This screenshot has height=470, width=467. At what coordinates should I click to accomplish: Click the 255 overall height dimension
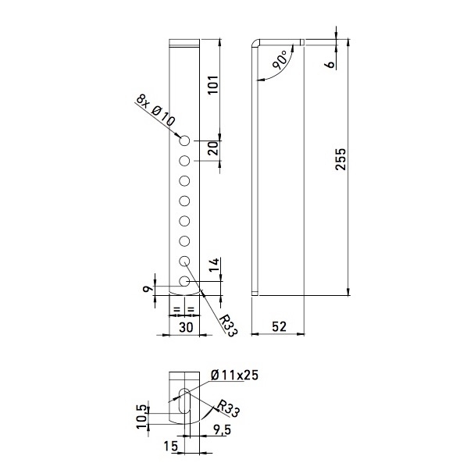pyautogui.click(x=340, y=159)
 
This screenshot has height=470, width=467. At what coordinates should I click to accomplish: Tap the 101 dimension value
pyautogui.click(x=213, y=85)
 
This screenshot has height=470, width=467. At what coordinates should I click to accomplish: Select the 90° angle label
pyautogui.click(x=280, y=60)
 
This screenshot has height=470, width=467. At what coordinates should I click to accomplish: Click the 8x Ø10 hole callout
pyautogui.click(x=155, y=110)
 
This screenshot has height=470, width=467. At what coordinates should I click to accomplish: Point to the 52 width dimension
pyautogui.click(x=279, y=326)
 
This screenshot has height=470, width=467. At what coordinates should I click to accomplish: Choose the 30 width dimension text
pyautogui.click(x=186, y=327)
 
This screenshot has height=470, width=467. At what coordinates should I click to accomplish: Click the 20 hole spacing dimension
pyautogui.click(x=213, y=148)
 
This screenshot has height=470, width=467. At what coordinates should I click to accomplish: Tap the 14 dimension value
pyautogui.click(x=214, y=265)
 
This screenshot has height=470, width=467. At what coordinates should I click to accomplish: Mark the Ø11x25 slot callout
pyautogui.click(x=234, y=376)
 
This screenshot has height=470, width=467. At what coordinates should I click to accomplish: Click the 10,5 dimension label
pyautogui.click(x=143, y=417)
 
